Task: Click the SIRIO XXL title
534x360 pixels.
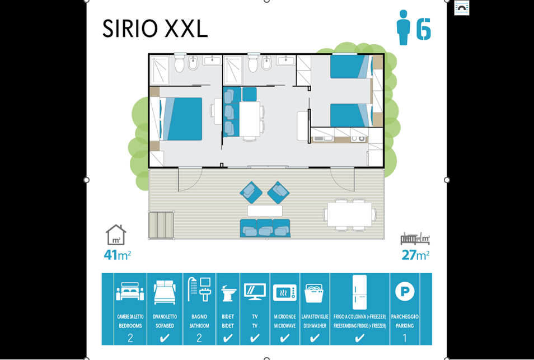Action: point(155,28)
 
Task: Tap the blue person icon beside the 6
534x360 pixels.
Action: point(403,27)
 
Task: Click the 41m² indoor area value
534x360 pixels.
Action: point(117,255)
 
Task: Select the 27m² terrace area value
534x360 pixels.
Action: point(415,255)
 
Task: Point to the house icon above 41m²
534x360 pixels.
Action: point(116,235)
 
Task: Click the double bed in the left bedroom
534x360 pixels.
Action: point(181,119)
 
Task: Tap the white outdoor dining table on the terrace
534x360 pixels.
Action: point(349,214)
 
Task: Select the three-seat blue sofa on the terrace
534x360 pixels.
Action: point(265,228)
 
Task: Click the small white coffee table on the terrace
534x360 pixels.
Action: point(265,211)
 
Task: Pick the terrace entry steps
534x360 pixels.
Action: point(161,225)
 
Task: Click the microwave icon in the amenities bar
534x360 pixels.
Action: point(285,293)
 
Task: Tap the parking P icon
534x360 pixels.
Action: point(405,292)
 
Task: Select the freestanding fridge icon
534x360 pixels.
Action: point(359,292)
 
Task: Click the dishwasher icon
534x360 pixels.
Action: point(314,293)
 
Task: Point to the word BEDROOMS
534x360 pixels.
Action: point(130,326)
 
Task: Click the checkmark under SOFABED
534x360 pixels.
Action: point(165,338)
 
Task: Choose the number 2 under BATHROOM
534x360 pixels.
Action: point(199,338)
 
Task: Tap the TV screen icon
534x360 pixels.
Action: point(255,292)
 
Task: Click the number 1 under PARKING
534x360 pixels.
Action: point(405,338)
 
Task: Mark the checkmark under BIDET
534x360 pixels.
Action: point(228,338)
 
